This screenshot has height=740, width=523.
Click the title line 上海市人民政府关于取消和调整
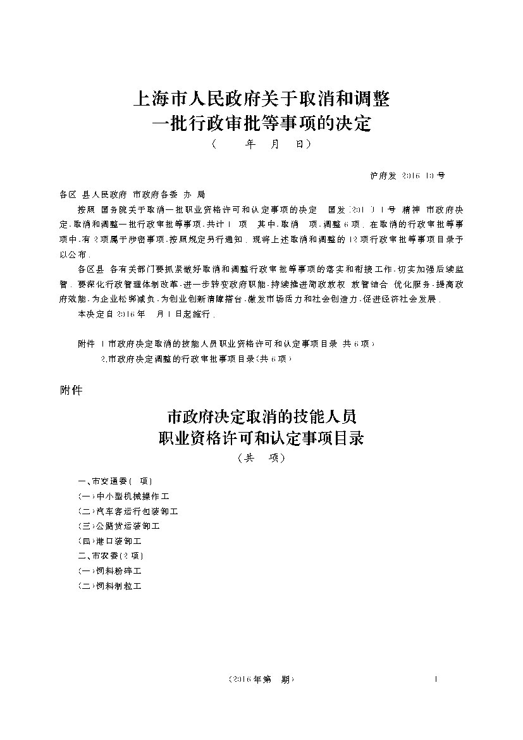(261, 99)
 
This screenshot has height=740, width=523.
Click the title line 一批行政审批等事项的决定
(261, 122)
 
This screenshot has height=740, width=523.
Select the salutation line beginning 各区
(132, 194)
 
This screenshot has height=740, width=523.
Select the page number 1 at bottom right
(436, 679)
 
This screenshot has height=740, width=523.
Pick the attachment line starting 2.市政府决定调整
(196, 359)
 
